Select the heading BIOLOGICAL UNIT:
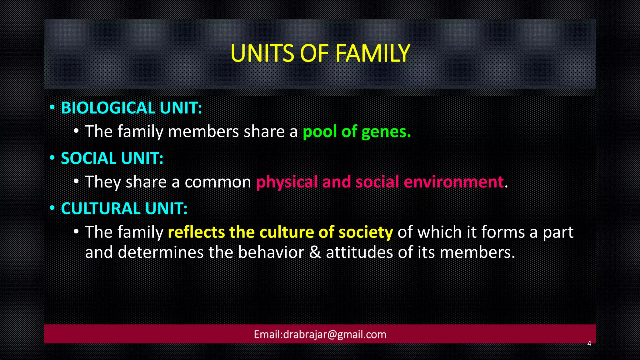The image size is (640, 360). [132, 108]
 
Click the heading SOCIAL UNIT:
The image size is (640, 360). [112, 158]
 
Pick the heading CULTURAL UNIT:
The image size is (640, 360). [124, 209]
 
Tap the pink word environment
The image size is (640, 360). [454, 182]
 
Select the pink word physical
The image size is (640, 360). [287, 182]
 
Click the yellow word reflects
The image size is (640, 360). [196, 232]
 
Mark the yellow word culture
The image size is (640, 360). [287, 232]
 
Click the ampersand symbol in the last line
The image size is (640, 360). [315, 252]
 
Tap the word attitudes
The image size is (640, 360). [359, 252]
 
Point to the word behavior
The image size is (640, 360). [271, 252]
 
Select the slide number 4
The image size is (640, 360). [589, 344]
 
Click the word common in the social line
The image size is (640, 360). [218, 182]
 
